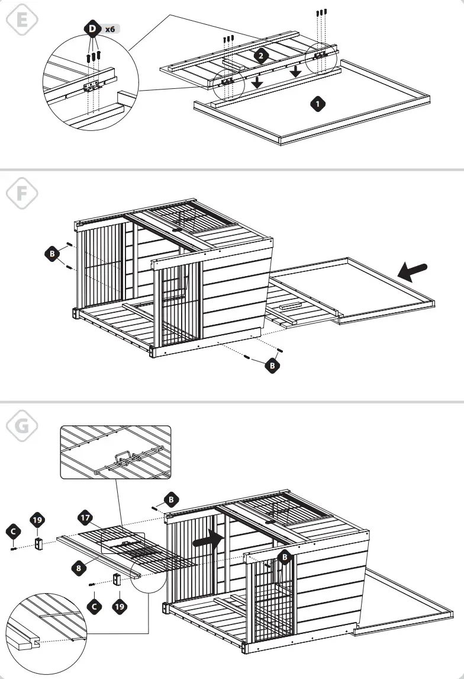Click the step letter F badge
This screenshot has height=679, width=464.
(x=21, y=193)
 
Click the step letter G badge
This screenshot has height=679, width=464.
(x=21, y=425)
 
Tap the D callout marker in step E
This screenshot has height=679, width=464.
(x=92, y=28)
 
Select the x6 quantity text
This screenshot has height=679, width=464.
(x=110, y=28)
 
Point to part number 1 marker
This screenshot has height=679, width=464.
(x=318, y=104)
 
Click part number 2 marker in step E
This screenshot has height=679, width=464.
(x=261, y=56)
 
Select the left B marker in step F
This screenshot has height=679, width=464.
(x=53, y=254)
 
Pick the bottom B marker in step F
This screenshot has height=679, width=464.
(x=272, y=366)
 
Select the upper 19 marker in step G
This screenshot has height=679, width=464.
(x=37, y=520)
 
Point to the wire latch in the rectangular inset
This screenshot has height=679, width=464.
(x=121, y=460)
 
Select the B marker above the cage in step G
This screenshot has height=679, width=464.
(x=170, y=499)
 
